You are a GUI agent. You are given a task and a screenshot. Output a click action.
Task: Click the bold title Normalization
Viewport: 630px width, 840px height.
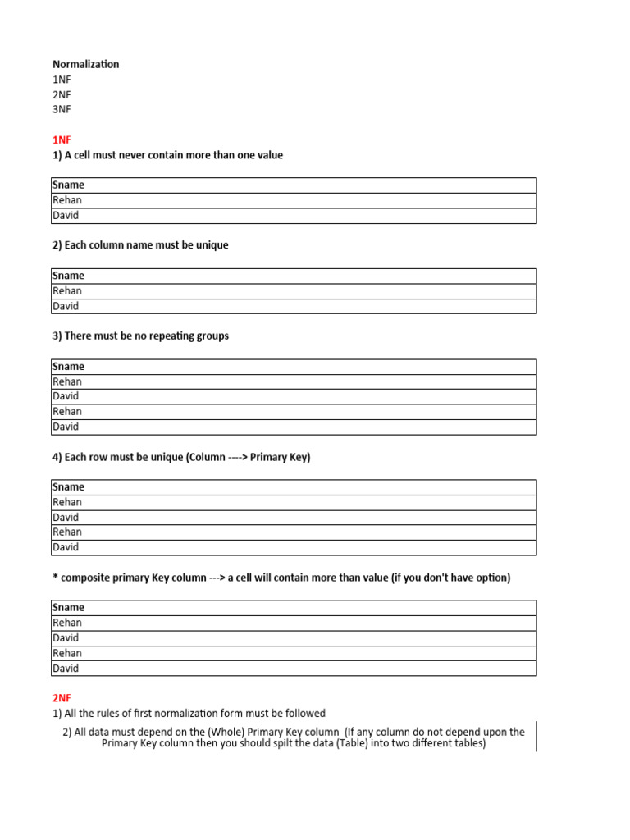click(x=85, y=64)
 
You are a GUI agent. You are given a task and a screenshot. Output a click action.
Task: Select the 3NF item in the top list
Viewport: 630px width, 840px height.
click(x=62, y=109)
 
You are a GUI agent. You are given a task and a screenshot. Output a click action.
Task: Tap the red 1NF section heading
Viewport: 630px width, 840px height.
click(x=62, y=139)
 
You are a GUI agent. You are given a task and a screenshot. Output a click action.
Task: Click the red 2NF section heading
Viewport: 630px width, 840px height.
click(x=62, y=698)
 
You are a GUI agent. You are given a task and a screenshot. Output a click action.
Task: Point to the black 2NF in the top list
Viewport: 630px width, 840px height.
click(x=62, y=94)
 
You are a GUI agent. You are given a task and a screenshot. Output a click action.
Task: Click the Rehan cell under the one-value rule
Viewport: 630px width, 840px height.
click(x=67, y=200)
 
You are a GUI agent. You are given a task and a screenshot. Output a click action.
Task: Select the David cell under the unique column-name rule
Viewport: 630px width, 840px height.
click(x=66, y=306)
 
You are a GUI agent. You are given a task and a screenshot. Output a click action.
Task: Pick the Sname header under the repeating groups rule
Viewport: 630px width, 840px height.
click(x=68, y=367)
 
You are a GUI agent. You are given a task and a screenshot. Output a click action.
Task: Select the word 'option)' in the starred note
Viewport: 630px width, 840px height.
click(x=492, y=577)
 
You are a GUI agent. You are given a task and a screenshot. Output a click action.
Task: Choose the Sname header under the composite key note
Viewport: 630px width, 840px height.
click(x=68, y=608)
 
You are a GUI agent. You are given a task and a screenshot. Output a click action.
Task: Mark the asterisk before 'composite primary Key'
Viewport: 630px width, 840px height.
click(x=55, y=577)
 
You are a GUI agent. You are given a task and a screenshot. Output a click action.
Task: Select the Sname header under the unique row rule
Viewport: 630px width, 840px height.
click(x=68, y=487)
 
